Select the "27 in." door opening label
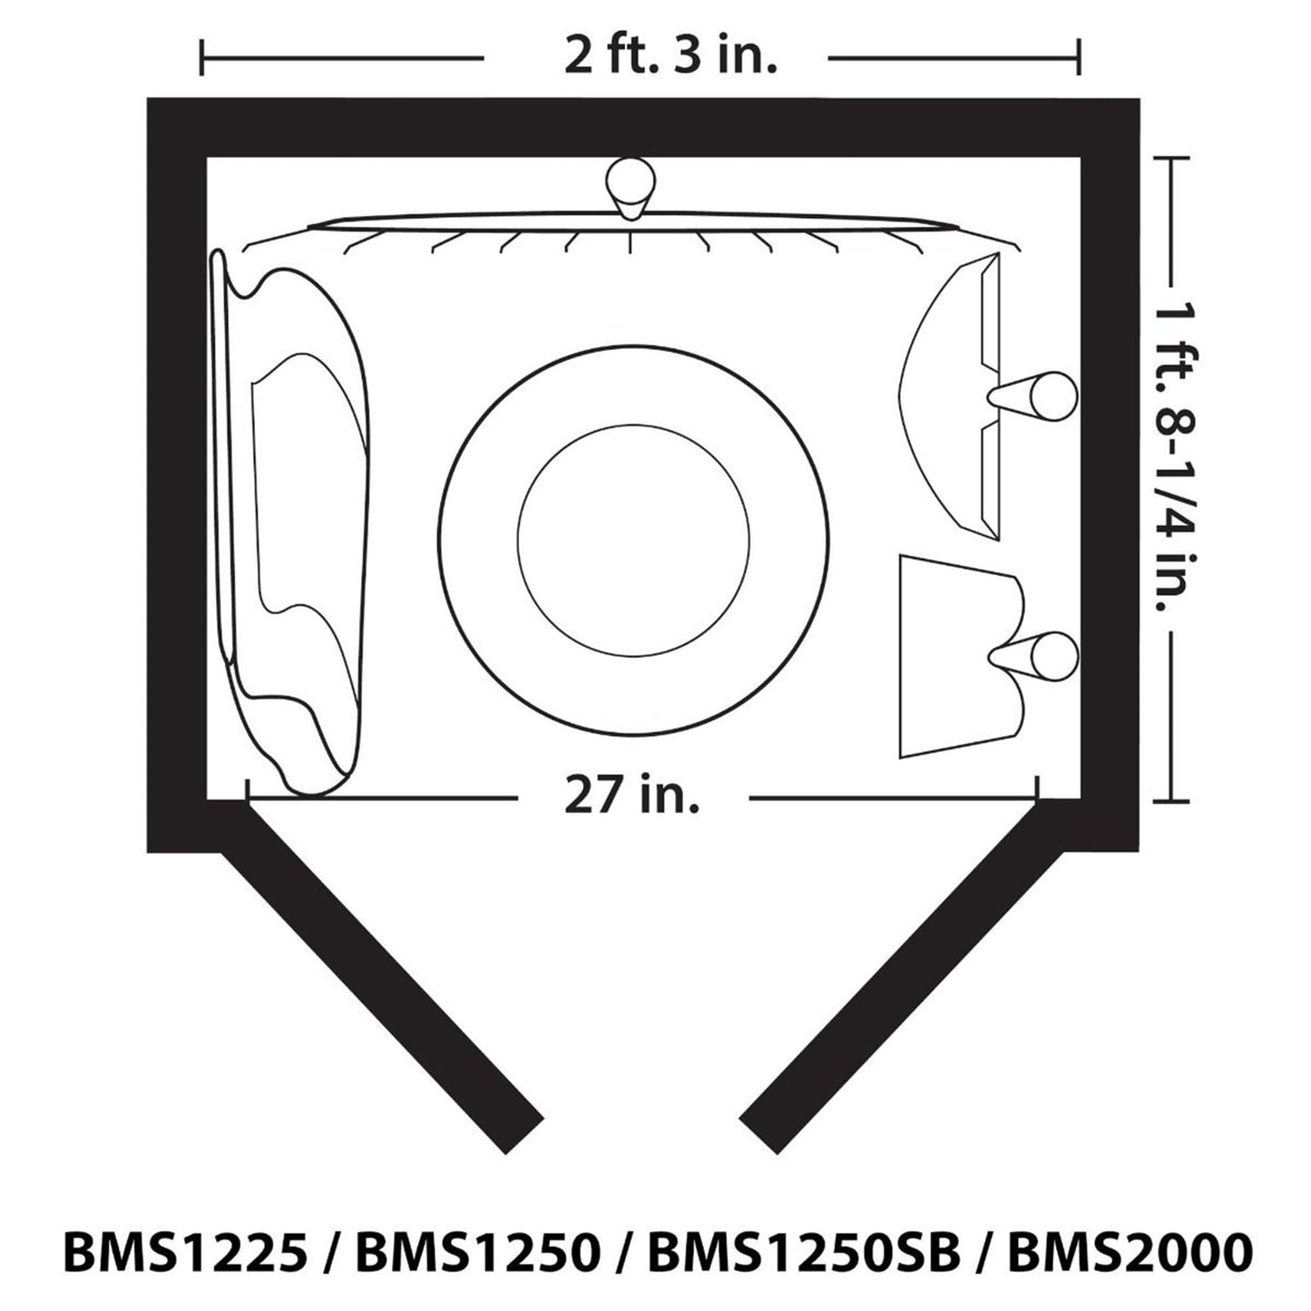point(631,797)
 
